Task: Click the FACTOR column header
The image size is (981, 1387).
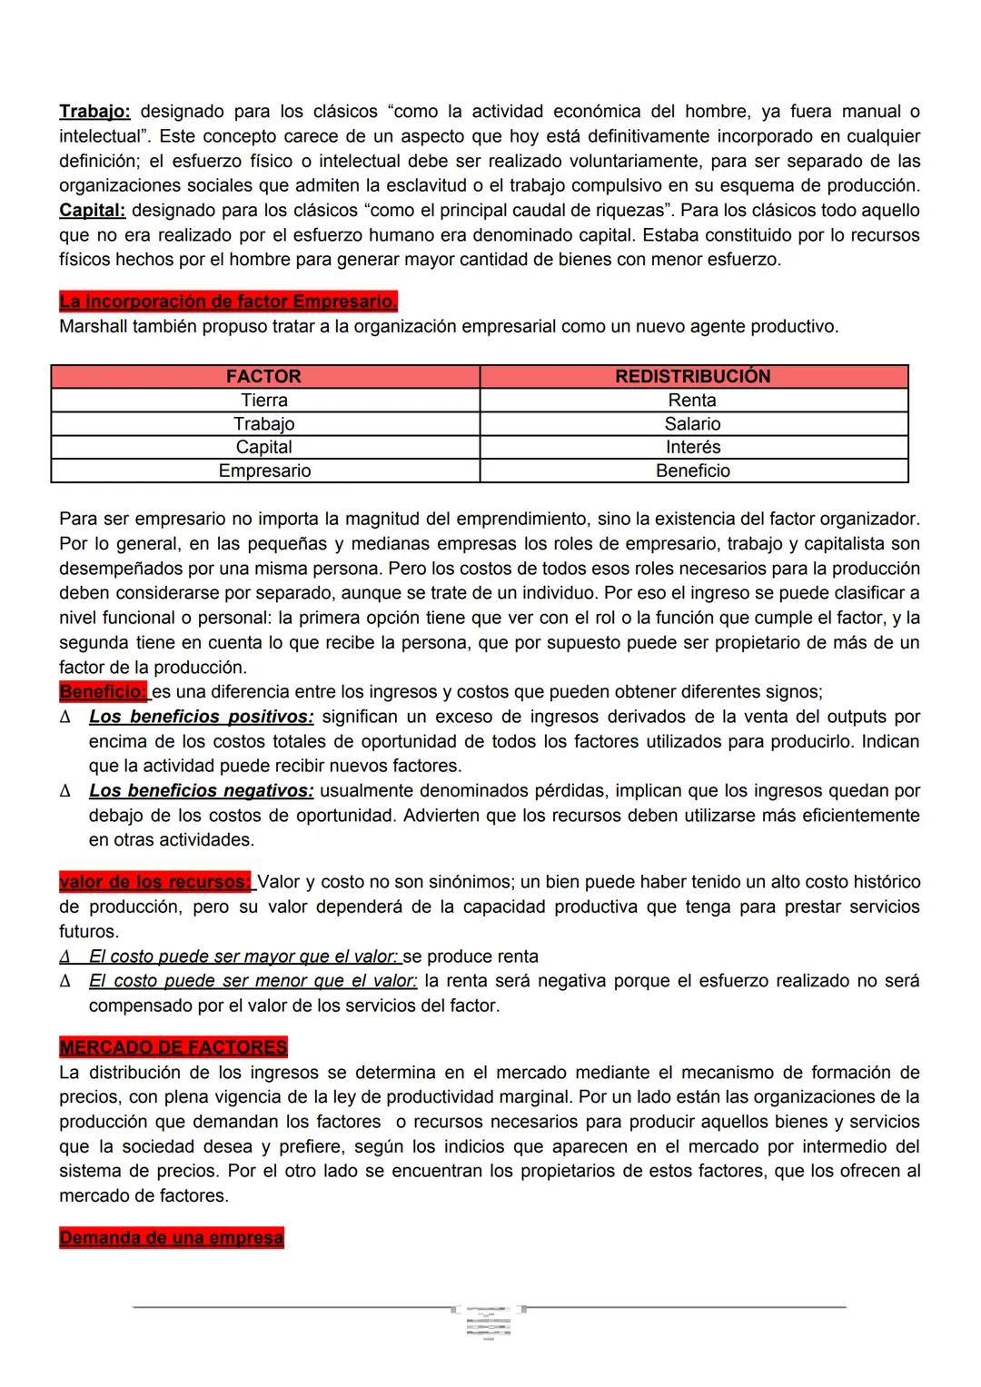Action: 263,376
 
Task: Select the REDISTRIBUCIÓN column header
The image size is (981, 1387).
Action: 692,376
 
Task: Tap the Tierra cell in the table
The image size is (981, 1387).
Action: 263,400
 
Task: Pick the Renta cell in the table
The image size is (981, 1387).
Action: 692,400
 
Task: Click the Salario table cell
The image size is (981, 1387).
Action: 692,423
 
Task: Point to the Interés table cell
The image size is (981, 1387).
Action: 692,447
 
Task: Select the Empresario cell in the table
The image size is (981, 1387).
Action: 263,471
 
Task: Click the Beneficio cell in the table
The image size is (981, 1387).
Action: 692,471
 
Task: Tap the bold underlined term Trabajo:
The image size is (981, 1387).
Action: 94,112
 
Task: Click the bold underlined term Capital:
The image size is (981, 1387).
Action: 92,210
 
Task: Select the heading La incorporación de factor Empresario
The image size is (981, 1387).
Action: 228,302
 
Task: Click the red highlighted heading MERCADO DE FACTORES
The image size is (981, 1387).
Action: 173,1047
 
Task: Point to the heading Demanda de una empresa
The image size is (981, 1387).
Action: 171,1238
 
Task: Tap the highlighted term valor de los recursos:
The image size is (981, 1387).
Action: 155,882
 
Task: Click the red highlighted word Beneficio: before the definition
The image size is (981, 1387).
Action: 103,692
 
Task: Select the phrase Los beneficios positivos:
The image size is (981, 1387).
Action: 201,717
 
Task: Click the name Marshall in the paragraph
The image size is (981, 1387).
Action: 94,326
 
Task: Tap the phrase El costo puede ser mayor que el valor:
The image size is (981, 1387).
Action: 243,956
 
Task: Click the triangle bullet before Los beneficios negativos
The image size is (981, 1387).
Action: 64,791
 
